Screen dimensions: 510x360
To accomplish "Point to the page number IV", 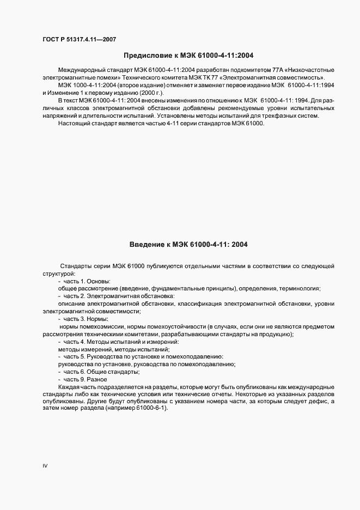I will tap(45, 466).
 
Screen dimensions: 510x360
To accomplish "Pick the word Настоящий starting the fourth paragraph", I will tap(75, 124).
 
